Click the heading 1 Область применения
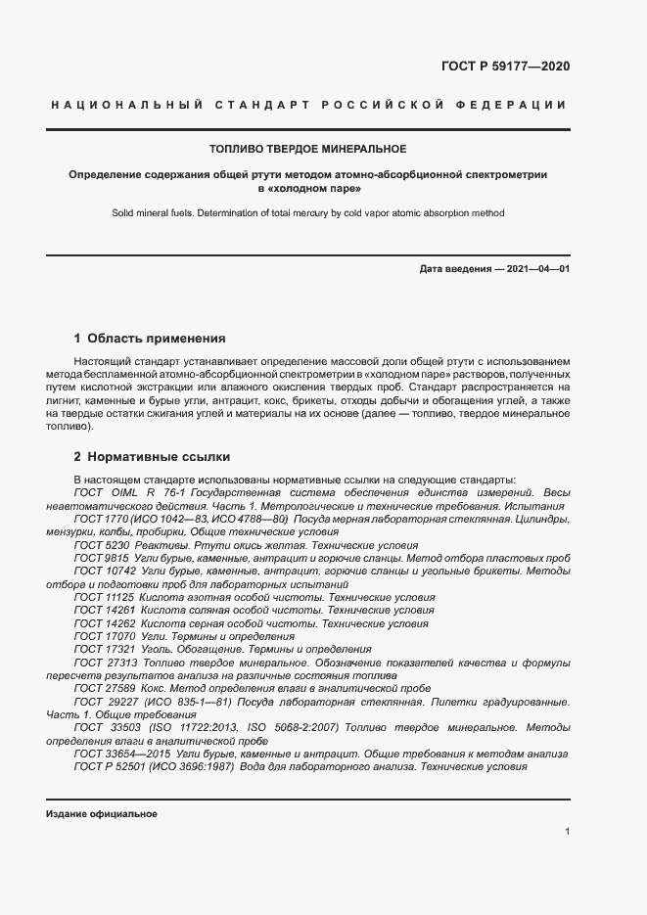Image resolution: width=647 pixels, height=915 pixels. coord(150,339)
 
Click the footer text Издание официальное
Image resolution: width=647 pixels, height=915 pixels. coord(101,814)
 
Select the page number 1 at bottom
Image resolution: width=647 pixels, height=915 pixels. coord(567,832)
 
